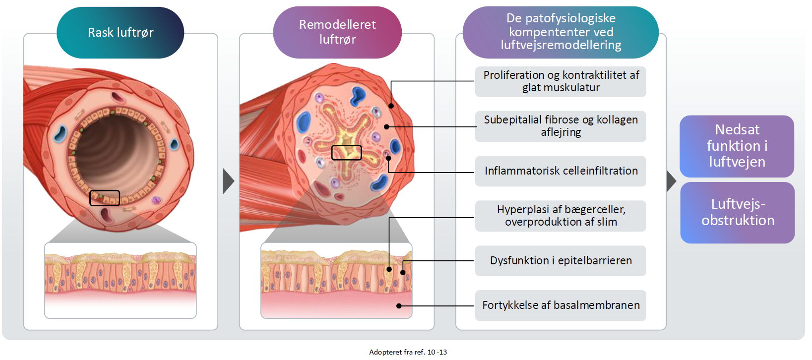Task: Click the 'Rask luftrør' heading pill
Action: (121, 33)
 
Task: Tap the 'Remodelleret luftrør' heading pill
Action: (337, 32)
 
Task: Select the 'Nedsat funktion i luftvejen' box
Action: (737, 146)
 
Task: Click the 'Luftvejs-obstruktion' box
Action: (738, 212)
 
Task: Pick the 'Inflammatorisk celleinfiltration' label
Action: (561, 171)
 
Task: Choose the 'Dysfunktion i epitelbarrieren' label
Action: (561, 261)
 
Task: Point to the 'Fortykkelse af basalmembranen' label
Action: (561, 305)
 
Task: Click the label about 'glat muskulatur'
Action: (561, 81)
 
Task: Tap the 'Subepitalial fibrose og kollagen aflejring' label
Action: (561, 126)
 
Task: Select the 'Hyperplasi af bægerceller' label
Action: (561, 216)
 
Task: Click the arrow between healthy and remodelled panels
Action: (228, 181)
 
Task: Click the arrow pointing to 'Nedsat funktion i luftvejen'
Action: (671, 181)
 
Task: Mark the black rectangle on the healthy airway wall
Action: (105, 198)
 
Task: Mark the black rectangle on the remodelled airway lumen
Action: (346, 152)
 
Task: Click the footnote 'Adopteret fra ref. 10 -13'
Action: (408, 352)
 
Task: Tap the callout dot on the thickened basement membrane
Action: (399, 306)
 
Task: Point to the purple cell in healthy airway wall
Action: (156, 200)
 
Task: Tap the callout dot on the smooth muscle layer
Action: (391, 106)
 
